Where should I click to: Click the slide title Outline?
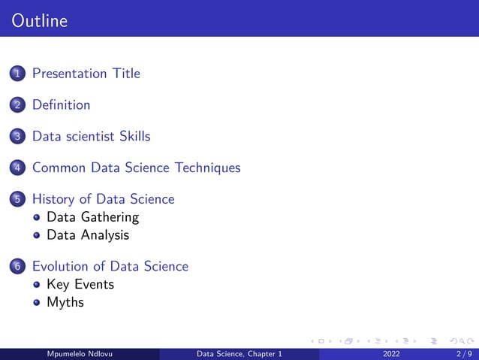(x=40, y=21)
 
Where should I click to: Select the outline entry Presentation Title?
(x=86, y=74)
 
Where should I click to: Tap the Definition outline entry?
(x=61, y=105)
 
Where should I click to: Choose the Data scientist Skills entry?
(x=91, y=137)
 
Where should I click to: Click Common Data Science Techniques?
(x=136, y=168)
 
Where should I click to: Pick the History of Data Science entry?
(x=103, y=199)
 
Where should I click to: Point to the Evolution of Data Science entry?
(x=110, y=266)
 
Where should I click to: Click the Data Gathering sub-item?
(x=92, y=217)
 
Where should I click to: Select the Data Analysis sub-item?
(x=88, y=235)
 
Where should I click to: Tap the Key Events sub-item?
(x=80, y=284)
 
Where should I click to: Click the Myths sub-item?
(x=65, y=302)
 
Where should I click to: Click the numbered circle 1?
(x=17, y=74)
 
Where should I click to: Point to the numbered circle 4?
(x=17, y=168)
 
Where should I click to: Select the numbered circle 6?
(x=17, y=267)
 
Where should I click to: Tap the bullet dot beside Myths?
(x=36, y=303)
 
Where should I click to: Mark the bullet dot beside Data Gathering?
(x=36, y=218)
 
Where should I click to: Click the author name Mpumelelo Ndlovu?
(x=80, y=354)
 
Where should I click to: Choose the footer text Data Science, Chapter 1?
(x=239, y=354)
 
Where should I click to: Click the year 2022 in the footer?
(x=391, y=354)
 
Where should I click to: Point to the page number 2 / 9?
(x=462, y=354)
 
